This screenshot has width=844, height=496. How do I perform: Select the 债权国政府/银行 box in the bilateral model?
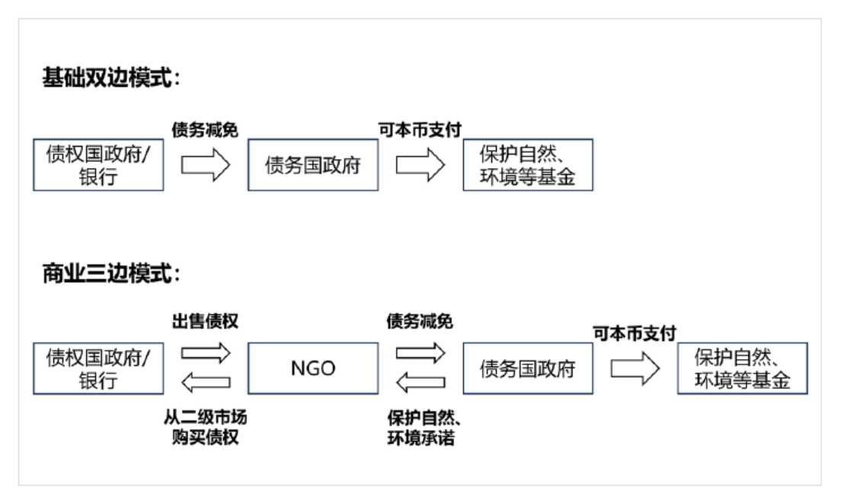point(98,164)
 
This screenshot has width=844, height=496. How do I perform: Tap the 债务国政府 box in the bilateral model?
point(313,164)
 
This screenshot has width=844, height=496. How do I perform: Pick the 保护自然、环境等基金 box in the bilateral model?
point(528,164)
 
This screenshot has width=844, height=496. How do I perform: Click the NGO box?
point(313,368)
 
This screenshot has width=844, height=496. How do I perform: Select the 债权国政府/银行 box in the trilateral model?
point(98,368)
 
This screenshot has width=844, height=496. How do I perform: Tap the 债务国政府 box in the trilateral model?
point(528,368)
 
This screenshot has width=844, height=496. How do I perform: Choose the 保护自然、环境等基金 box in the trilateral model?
point(742,368)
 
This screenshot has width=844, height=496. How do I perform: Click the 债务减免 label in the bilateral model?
point(205,129)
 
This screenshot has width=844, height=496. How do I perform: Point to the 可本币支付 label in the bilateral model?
point(420,129)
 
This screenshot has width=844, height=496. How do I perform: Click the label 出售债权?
point(205,321)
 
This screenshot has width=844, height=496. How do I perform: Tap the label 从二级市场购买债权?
point(205,427)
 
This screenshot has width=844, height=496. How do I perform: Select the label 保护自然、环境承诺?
point(424,428)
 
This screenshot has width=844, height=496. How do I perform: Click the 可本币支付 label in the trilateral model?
point(635,333)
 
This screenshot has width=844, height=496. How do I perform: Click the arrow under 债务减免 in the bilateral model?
point(205,164)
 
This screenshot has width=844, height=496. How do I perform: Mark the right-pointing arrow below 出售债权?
point(206,353)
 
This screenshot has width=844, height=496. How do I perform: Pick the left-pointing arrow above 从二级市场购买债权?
point(206,383)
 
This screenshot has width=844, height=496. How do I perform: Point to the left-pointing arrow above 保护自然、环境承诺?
point(420,383)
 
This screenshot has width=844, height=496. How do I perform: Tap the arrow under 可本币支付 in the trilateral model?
point(635,368)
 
